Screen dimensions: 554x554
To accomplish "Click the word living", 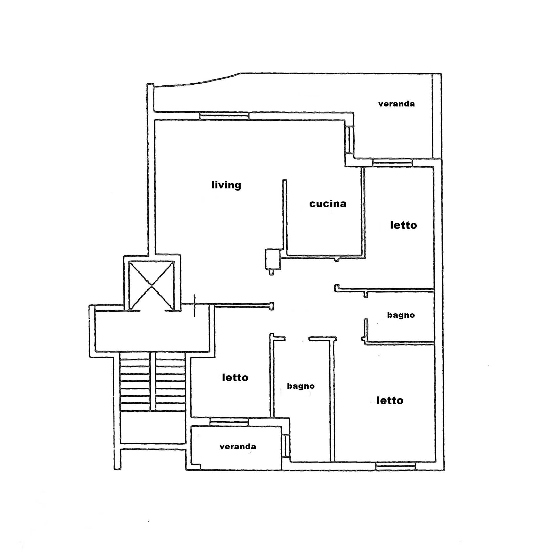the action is [x=226, y=185].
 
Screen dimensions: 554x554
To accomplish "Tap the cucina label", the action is [x=328, y=204].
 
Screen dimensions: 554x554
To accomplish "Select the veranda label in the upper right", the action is [x=396, y=104].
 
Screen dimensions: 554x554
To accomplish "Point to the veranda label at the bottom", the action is [x=238, y=447].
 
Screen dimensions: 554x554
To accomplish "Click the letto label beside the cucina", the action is [x=403, y=225].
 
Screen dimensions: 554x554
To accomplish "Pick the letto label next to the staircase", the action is [x=235, y=377].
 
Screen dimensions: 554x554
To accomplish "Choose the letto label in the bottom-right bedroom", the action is [x=390, y=400].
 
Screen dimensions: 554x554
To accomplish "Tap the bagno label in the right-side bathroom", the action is [x=401, y=315].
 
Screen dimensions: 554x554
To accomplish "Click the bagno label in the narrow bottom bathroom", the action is [x=301, y=386].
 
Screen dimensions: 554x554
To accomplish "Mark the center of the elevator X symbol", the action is [x=151, y=286].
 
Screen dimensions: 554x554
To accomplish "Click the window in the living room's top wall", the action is [x=224, y=116].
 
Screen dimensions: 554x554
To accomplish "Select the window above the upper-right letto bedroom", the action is [x=392, y=162].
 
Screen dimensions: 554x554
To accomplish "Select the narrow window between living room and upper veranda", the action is [x=349, y=140].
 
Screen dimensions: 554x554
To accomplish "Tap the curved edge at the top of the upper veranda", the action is [x=196, y=82].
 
